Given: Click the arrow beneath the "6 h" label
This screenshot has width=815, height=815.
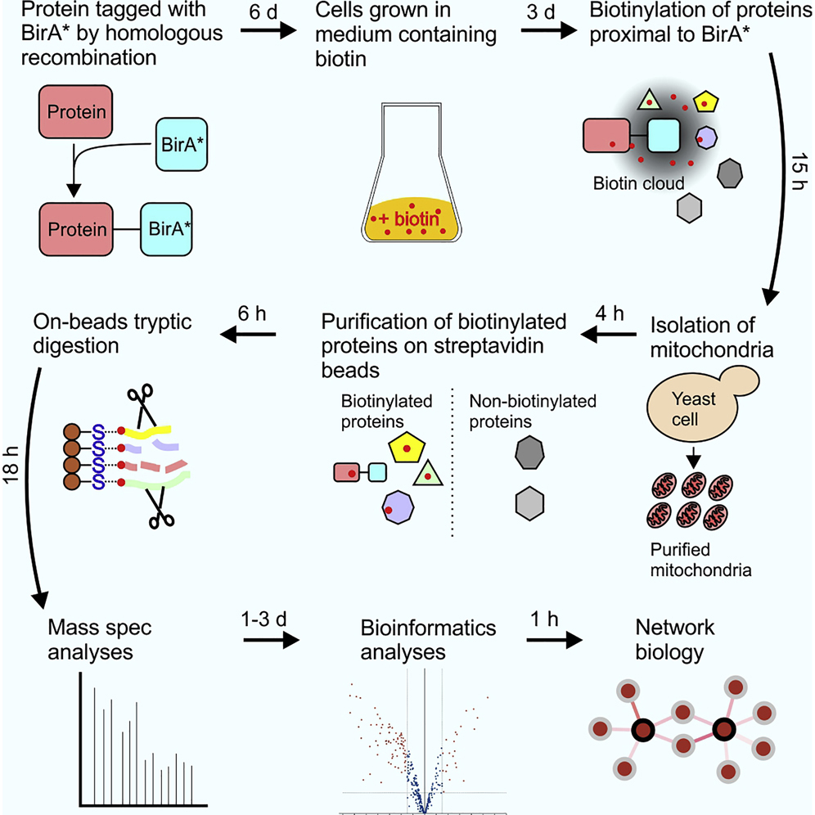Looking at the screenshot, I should tap(252, 334).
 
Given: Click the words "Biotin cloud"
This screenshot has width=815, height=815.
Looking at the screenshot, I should tap(639, 183).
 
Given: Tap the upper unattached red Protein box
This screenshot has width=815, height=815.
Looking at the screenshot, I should tap(75, 112).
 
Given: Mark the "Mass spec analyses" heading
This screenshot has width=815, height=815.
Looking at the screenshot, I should tap(89, 638).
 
